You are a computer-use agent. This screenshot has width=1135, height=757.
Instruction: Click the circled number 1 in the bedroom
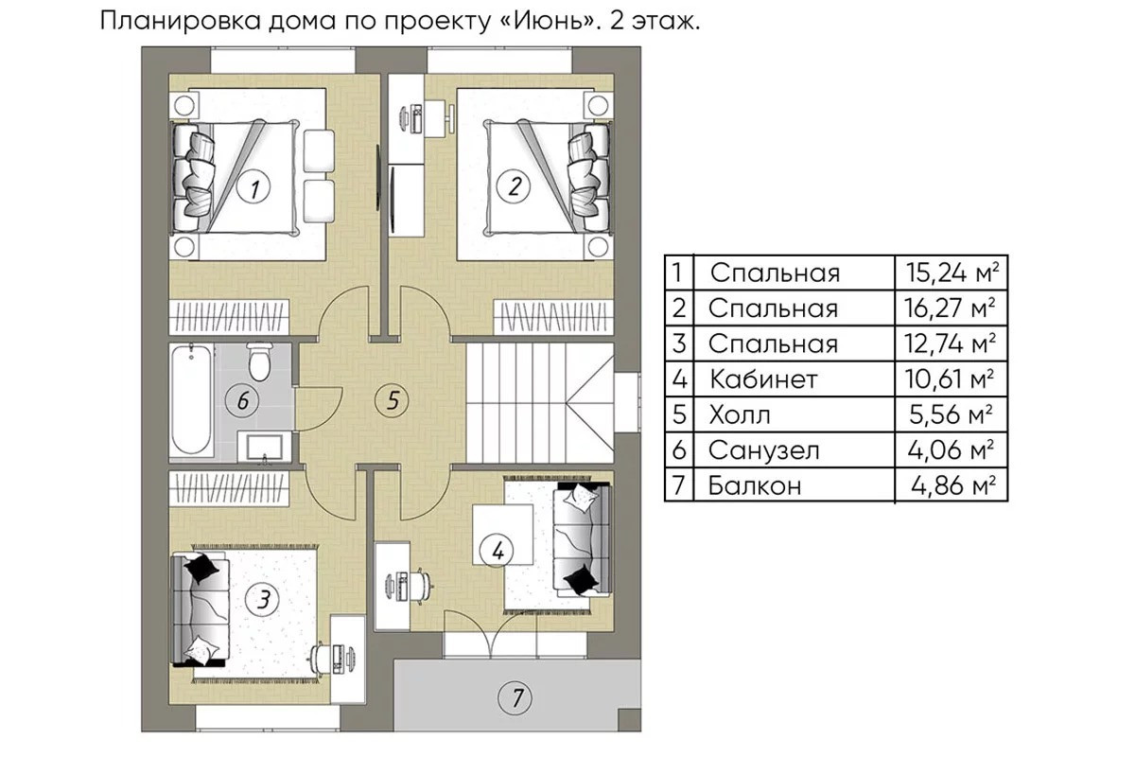pyautogui.click(x=253, y=188)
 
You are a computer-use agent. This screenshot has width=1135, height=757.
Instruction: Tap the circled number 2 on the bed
pyautogui.click(x=515, y=185)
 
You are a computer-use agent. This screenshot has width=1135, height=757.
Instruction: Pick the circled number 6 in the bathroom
pyautogui.click(x=243, y=400)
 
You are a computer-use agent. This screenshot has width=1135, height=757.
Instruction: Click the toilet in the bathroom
pyautogui.click(x=258, y=360)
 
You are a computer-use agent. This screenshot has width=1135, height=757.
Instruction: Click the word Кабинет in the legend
pyautogui.click(x=763, y=379)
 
